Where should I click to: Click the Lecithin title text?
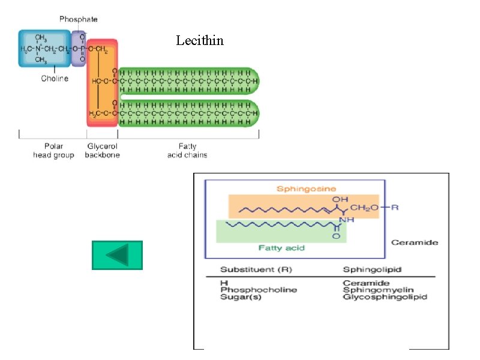coord(200,41)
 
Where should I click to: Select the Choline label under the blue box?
coord(55,79)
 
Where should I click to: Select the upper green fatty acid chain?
coord(189,80)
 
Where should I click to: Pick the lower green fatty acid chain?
coord(189,113)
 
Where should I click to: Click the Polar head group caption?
coord(53,151)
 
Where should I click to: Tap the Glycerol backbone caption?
coord(103,151)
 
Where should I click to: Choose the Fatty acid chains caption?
coord(187,151)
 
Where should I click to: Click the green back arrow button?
coord(117,255)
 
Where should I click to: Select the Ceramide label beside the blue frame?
coord(414,242)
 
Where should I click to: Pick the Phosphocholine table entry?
coord(258,290)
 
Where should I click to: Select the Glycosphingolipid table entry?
coord(384,297)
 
